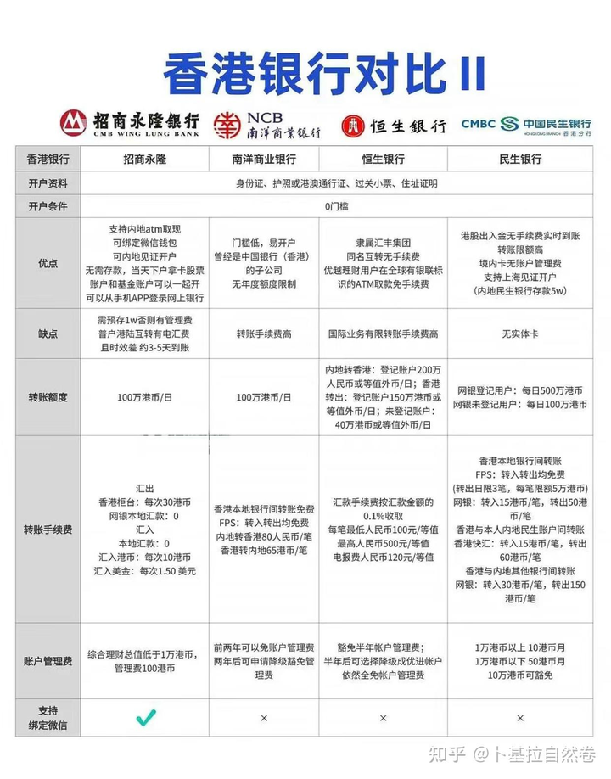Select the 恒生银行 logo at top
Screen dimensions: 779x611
coord(393,126)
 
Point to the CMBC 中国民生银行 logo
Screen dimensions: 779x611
coord(525,124)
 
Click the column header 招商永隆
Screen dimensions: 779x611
coord(145,159)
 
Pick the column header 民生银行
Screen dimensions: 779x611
coord(519,159)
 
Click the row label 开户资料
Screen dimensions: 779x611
coord(48,182)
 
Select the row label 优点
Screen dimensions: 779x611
coord(48,263)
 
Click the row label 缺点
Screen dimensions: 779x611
coord(48,333)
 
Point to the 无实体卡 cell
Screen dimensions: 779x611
coord(519,334)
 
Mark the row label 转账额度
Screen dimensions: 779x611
coord(48,397)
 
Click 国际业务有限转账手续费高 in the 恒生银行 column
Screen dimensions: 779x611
coord(383,334)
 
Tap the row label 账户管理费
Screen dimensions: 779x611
coord(48,661)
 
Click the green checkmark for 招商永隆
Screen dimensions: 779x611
coord(145,718)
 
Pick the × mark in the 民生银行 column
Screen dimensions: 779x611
coord(519,718)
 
